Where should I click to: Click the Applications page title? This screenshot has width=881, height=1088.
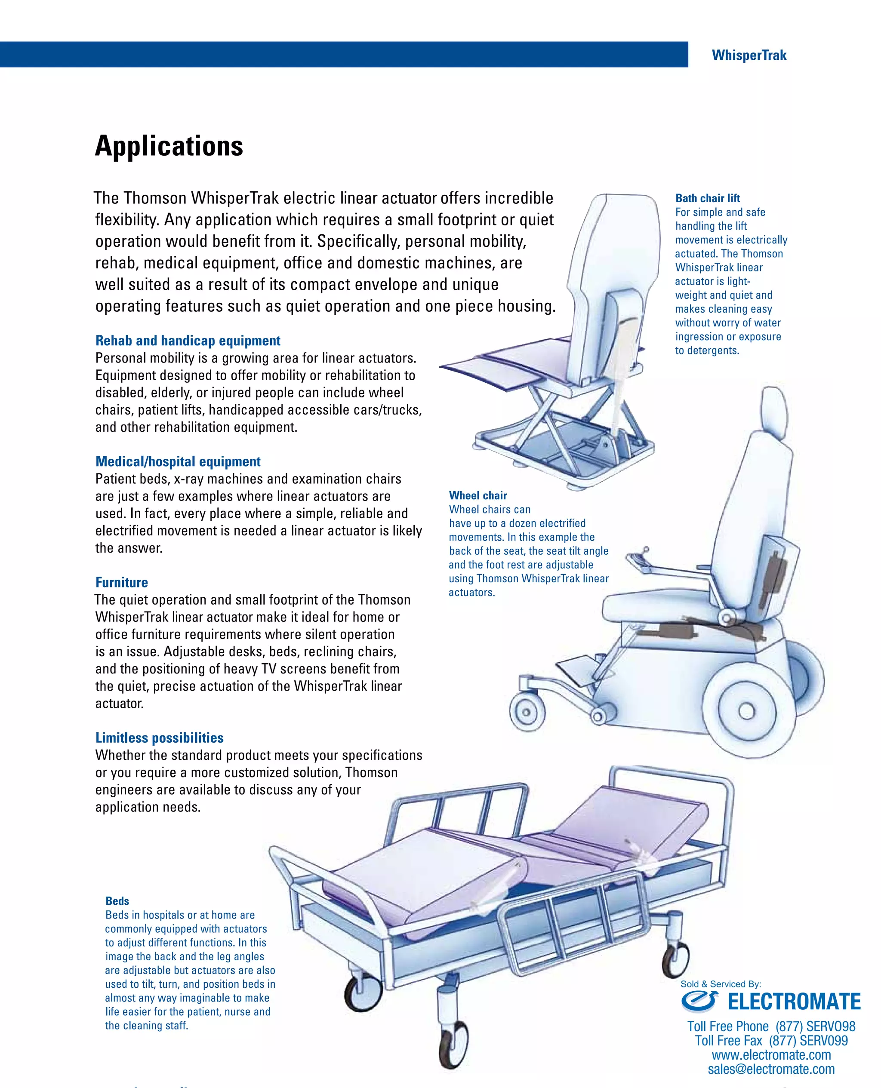pyautogui.click(x=169, y=146)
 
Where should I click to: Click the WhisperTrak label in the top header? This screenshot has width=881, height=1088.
pyautogui.click(x=749, y=55)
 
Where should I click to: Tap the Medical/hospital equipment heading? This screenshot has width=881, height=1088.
pyautogui.click(x=178, y=461)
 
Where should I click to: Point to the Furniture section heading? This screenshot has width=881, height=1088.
pyautogui.click(x=122, y=582)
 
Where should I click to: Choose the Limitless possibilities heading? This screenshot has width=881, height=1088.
pyautogui.click(x=159, y=738)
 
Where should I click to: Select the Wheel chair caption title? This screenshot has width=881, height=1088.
pyautogui.click(x=477, y=495)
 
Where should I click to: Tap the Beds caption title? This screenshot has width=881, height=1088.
pyautogui.click(x=117, y=901)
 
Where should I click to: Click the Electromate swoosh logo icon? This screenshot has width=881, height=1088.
pyautogui.click(x=699, y=1001)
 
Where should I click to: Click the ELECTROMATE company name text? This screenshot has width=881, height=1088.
pyautogui.click(x=794, y=1002)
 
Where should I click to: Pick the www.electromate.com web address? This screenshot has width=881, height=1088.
pyautogui.click(x=771, y=1055)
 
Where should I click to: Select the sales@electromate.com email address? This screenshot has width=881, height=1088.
pyautogui.click(x=771, y=1069)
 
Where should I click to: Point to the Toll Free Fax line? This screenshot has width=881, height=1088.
pyautogui.click(x=771, y=1041)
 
